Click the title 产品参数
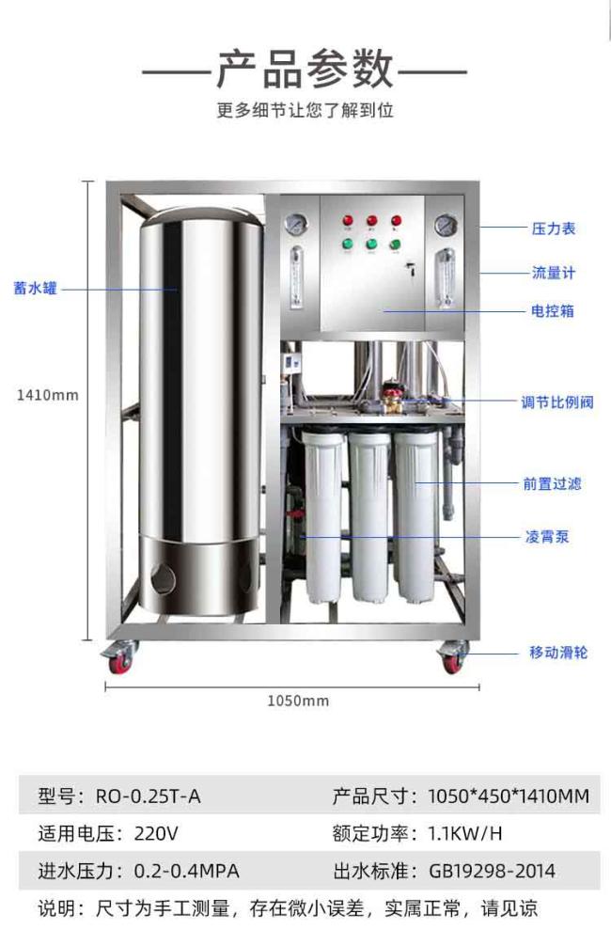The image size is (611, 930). (305, 69)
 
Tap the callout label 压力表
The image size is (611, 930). (554, 229)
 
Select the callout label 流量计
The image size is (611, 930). (554, 273)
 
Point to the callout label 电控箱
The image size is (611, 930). (553, 311)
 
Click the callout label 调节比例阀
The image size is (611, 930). (557, 402)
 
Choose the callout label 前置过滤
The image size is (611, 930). (552, 484)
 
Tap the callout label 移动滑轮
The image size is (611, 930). (558, 653)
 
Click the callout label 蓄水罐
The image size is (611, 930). (36, 289)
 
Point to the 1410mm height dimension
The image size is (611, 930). (47, 395)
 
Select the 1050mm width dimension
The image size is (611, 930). (298, 701)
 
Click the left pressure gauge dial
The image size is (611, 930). (295, 224)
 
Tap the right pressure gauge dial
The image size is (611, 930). (446, 225)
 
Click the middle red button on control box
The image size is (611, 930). (372, 221)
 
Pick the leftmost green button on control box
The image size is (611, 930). (348, 244)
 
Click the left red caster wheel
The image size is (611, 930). (120, 663)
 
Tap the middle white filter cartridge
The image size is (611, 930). (369, 517)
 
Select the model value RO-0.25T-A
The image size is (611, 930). (149, 796)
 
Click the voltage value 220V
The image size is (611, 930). (156, 834)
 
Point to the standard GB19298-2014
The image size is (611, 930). (492, 871)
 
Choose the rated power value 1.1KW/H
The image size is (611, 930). (465, 834)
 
